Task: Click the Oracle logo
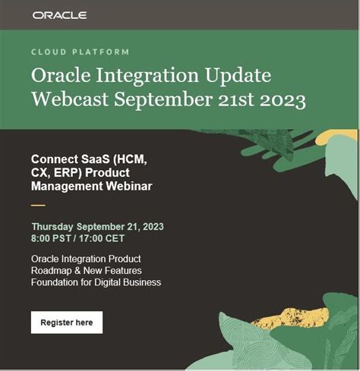pyautogui.click(x=59, y=15)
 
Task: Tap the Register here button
pyautogui.click(x=67, y=322)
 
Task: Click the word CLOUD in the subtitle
pyautogui.click(x=49, y=52)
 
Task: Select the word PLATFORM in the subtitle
pyautogui.click(x=101, y=52)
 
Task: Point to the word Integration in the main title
pyautogui.click(x=147, y=76)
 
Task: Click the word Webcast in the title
pyautogui.click(x=70, y=99)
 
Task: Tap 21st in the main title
pyautogui.click(x=236, y=99)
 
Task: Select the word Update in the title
pyautogui.click(x=238, y=76)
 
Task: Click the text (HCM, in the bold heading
pyautogui.click(x=130, y=159)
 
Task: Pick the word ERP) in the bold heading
pyautogui.click(x=68, y=173)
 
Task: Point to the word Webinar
pyautogui.click(x=129, y=186)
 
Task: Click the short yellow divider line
pyautogui.click(x=38, y=205)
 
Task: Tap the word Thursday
pyautogui.click(x=52, y=227)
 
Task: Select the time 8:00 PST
pyautogui.click(x=51, y=238)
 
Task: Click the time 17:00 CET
pyautogui.click(x=102, y=238)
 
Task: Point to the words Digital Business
pyautogui.click(x=128, y=282)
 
